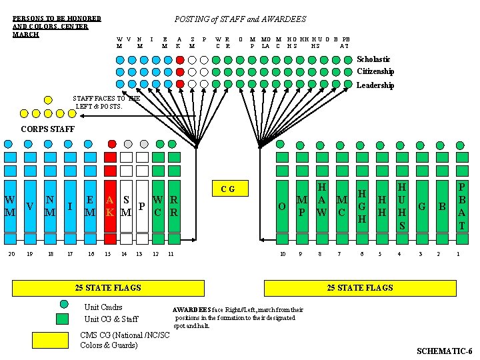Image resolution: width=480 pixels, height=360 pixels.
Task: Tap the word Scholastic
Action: (x=374, y=59)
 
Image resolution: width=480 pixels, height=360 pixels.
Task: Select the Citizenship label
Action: (x=375, y=71)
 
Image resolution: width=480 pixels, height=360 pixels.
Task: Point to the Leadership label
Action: (x=375, y=85)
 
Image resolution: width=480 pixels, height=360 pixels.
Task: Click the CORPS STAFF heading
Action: (x=48, y=129)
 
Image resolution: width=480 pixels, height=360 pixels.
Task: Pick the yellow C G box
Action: (x=228, y=189)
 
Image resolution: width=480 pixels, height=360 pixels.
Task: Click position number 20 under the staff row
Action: (x=11, y=254)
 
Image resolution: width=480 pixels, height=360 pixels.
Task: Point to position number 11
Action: (x=171, y=254)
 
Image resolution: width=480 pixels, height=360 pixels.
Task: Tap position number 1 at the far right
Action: (x=458, y=254)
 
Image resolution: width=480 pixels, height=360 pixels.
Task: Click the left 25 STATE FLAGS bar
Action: (x=108, y=287)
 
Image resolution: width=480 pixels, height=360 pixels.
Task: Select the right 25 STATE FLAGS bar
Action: (x=359, y=287)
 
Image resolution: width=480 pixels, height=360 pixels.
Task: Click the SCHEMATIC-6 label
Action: (x=444, y=351)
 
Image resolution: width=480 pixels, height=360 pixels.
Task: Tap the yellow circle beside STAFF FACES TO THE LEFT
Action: (x=48, y=100)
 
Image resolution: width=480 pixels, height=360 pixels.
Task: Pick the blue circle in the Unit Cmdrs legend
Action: (x=63, y=304)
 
